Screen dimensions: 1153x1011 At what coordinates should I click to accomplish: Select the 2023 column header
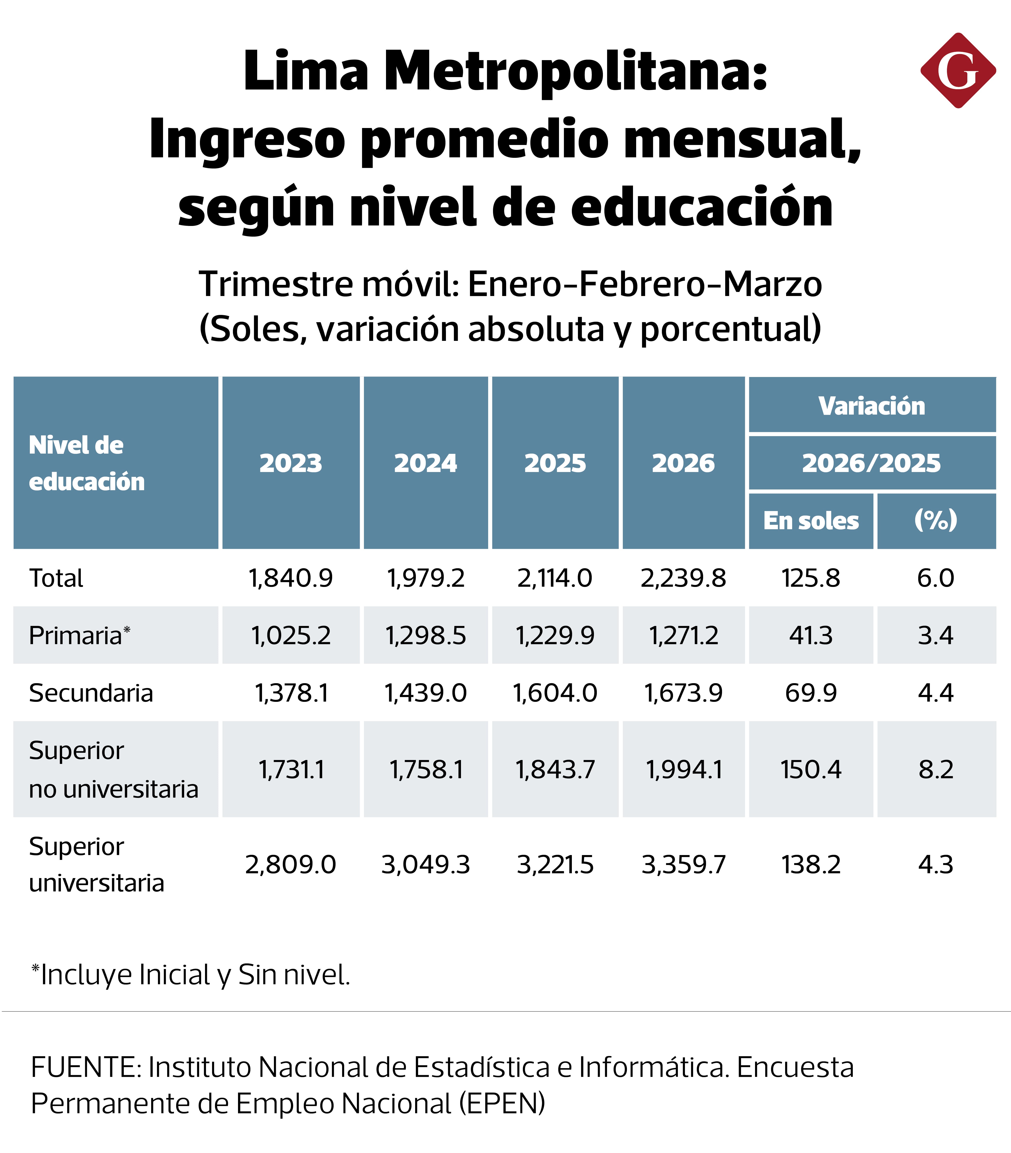click(291, 463)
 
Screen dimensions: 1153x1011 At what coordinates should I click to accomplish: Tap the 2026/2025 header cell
click(872, 463)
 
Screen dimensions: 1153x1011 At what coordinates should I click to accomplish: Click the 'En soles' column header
click(811, 520)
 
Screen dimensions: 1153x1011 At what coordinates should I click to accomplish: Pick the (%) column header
click(936, 520)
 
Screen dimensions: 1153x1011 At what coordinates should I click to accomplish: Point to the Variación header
click(872, 405)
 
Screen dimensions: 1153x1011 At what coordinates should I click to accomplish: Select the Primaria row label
click(76, 635)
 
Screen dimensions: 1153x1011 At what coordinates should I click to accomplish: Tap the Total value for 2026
click(683, 578)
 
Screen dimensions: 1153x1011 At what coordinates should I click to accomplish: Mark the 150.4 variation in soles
click(811, 769)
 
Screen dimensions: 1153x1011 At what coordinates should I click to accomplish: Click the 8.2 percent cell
click(936, 769)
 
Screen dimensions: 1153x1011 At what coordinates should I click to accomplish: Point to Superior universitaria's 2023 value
click(291, 864)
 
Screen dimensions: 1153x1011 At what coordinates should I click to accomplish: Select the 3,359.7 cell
click(683, 864)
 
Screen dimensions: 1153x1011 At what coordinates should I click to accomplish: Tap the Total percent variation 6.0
click(936, 578)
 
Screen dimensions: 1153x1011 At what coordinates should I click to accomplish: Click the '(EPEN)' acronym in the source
click(502, 1103)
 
